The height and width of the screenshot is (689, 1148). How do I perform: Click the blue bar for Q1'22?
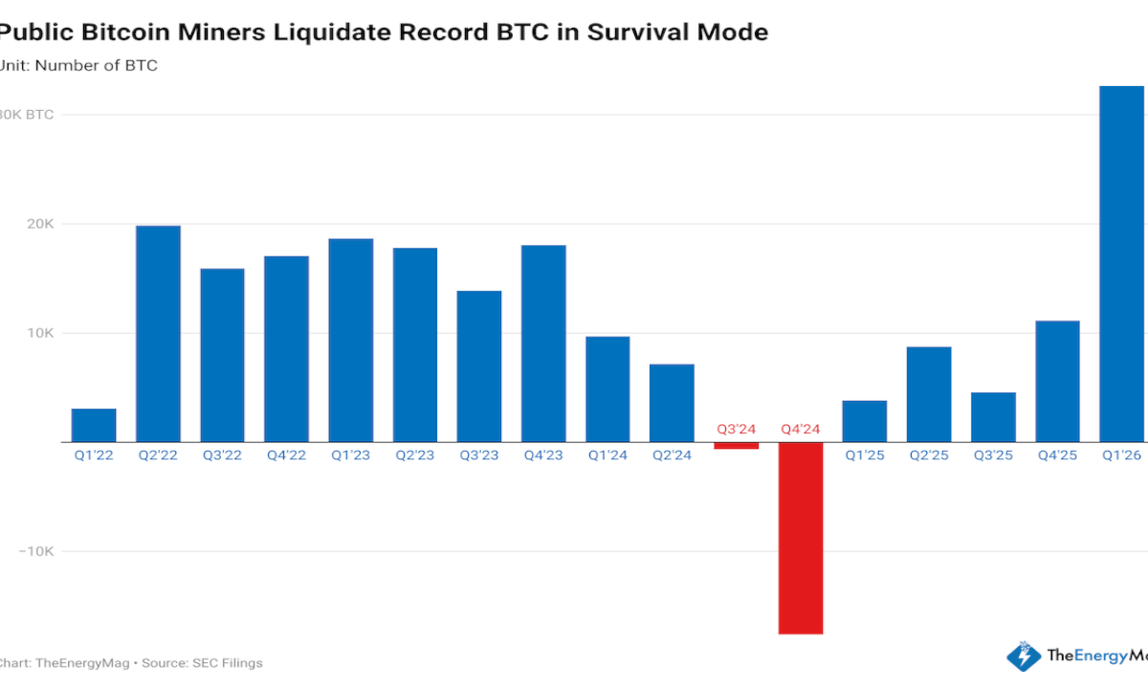click(x=94, y=425)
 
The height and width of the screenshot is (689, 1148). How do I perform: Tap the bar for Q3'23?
click(x=479, y=367)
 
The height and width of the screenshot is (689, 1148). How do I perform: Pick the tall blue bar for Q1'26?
click(x=1121, y=264)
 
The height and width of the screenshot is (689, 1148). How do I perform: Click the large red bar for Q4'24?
click(x=801, y=538)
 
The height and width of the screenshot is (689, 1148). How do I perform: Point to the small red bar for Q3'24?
click(x=737, y=446)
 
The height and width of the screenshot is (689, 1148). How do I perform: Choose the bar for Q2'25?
click(x=929, y=394)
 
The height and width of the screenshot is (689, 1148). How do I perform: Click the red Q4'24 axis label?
click(x=801, y=430)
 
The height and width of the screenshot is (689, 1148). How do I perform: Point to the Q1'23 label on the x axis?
click(x=351, y=456)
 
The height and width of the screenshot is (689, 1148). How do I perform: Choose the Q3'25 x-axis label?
click(x=993, y=456)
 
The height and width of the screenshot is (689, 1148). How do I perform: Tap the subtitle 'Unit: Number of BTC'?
click(x=78, y=66)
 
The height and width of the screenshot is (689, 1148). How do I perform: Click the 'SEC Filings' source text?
click(x=231, y=662)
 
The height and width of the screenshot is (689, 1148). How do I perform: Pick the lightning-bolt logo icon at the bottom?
click(x=1024, y=656)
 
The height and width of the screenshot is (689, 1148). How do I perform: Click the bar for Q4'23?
click(x=543, y=344)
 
